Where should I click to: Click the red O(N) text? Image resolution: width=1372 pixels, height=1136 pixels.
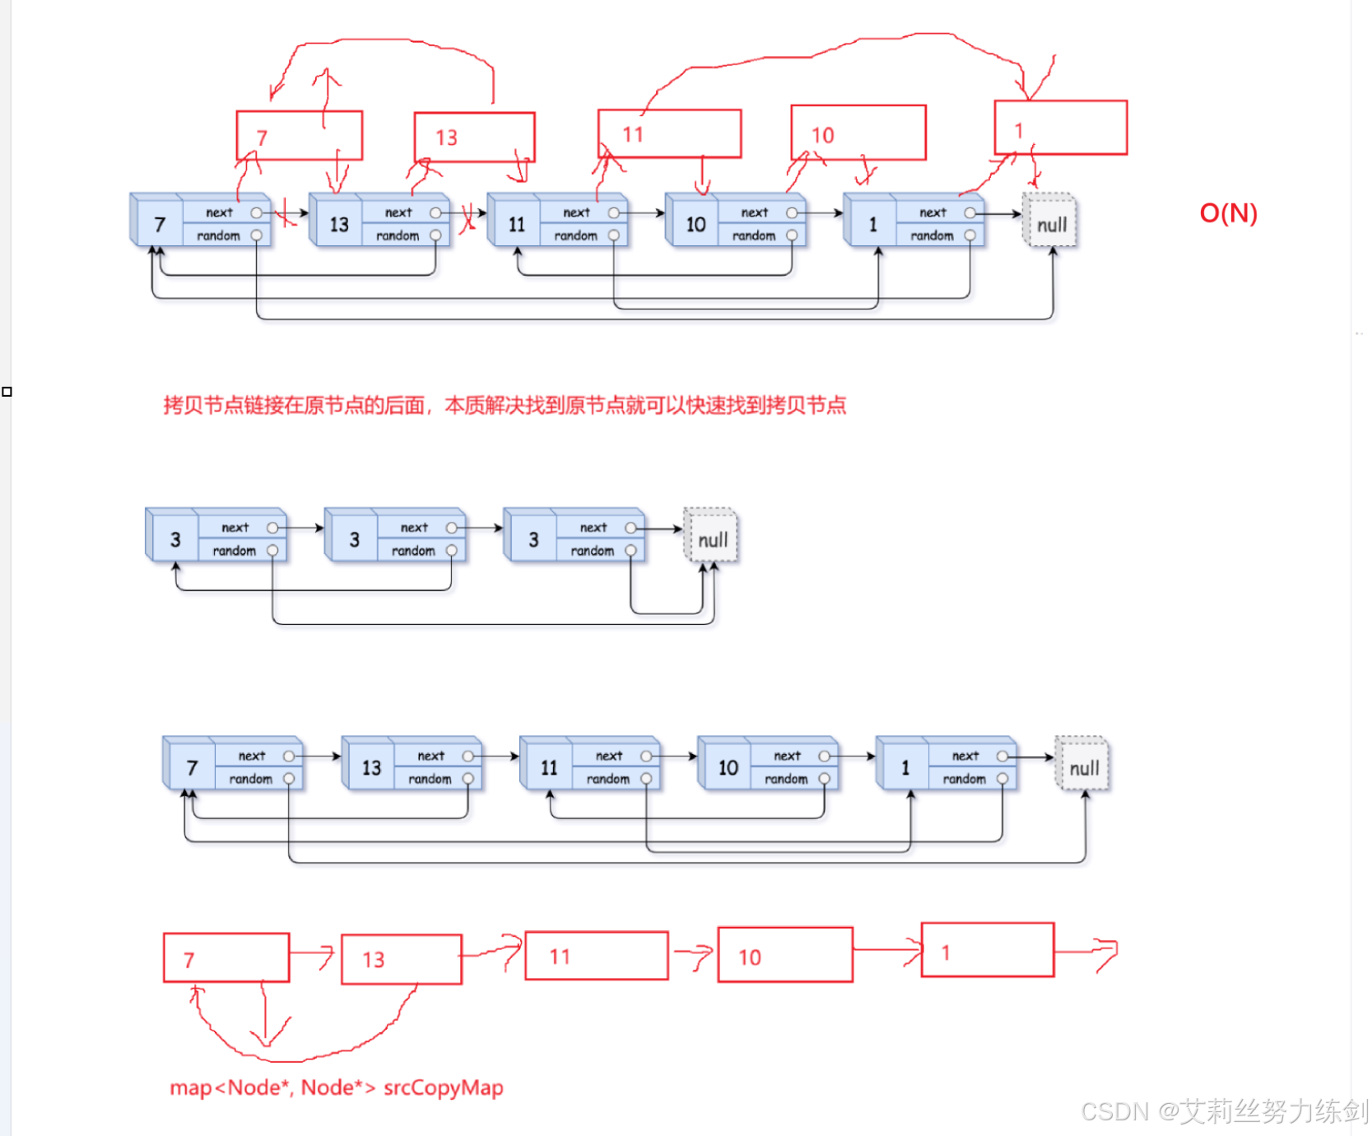(x=1228, y=213)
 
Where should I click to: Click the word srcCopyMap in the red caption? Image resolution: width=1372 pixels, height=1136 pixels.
(x=443, y=1087)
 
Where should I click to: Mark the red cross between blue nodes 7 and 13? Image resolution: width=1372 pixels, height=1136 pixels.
(x=284, y=213)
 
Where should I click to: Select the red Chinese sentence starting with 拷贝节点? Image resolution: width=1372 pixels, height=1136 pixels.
(x=505, y=405)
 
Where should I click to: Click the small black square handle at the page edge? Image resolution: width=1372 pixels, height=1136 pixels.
(x=7, y=391)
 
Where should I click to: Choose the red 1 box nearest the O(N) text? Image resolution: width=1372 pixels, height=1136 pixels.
(x=1060, y=128)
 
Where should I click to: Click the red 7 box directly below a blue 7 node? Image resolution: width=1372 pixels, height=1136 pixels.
(x=226, y=957)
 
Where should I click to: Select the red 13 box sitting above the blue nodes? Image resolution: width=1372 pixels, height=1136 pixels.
(x=474, y=137)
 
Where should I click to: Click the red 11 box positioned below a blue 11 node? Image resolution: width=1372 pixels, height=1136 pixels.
(x=596, y=956)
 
